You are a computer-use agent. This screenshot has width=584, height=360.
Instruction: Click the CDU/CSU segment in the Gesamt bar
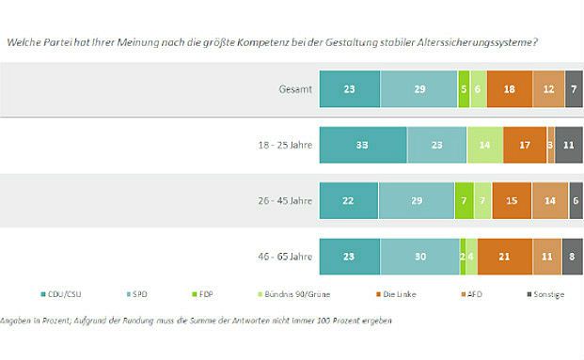point(350,88)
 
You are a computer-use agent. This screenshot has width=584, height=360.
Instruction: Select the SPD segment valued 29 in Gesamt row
point(418,88)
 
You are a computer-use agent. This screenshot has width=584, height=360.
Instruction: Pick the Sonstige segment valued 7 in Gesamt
point(574,88)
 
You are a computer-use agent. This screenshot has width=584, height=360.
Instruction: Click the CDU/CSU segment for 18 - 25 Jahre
point(363,145)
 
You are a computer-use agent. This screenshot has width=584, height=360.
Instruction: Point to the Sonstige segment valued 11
point(569,145)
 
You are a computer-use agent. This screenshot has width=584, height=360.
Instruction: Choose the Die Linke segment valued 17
point(525,145)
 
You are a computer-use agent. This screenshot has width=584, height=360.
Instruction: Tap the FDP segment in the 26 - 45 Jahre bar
point(464,201)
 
